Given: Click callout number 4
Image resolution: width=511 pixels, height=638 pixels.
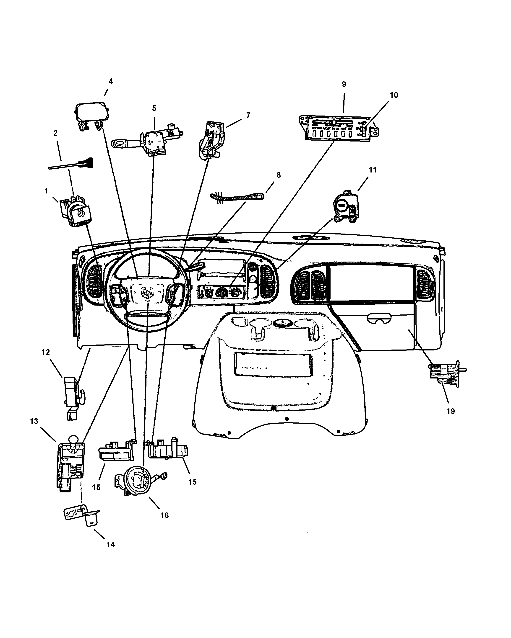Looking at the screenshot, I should coord(110,81).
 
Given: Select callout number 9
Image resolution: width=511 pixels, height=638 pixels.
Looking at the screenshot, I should coord(344,84).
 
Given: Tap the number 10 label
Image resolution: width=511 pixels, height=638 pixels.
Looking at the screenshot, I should coord(394,95).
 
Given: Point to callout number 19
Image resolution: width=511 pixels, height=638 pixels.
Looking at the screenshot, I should coord(451,411).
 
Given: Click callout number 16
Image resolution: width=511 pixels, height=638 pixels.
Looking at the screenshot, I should coord(164,515).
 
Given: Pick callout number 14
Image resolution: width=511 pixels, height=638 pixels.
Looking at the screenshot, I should coord(110,545).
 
